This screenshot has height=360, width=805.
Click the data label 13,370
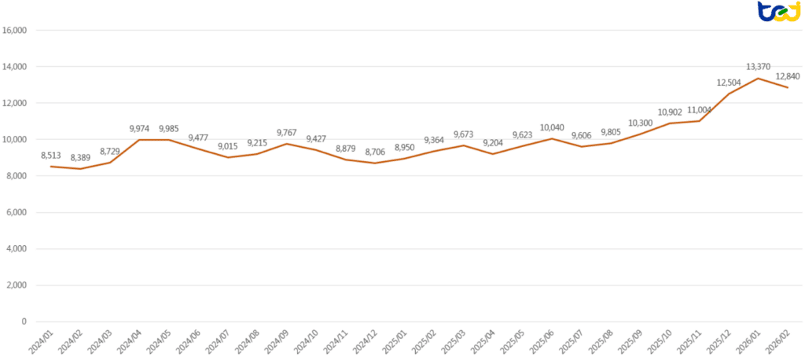[758, 67]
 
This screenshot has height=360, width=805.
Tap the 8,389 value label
[80, 158]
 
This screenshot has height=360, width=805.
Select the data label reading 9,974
[139, 128]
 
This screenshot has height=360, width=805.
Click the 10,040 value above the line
[552, 127]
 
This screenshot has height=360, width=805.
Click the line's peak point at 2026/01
[758, 79]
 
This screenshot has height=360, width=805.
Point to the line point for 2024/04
[139, 140]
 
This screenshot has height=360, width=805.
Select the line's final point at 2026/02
[787, 87]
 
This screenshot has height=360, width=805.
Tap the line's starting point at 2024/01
[51, 167]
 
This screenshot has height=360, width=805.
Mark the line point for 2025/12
[729, 94]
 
